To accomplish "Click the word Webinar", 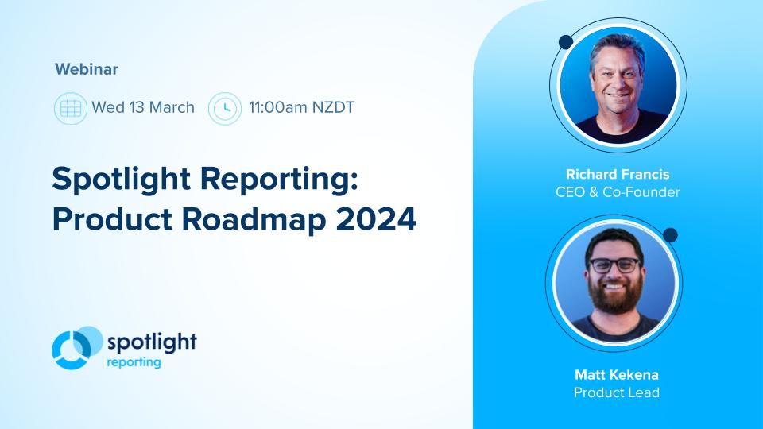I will coord(87,69).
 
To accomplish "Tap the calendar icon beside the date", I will coord(70,107).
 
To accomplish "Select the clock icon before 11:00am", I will coord(225,107).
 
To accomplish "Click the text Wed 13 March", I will coord(143,107).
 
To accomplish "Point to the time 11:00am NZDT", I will coord(301,107).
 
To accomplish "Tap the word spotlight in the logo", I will coord(151,342).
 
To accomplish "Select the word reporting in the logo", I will coord(134,363).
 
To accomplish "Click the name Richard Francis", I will coord(618,175).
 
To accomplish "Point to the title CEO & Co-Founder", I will coord(618,192).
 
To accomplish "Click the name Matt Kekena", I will coord(618,374).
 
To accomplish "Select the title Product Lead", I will coord(618,392).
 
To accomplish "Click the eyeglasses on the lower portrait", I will coord(614,265).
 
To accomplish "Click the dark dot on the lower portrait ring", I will coord(670,235).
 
